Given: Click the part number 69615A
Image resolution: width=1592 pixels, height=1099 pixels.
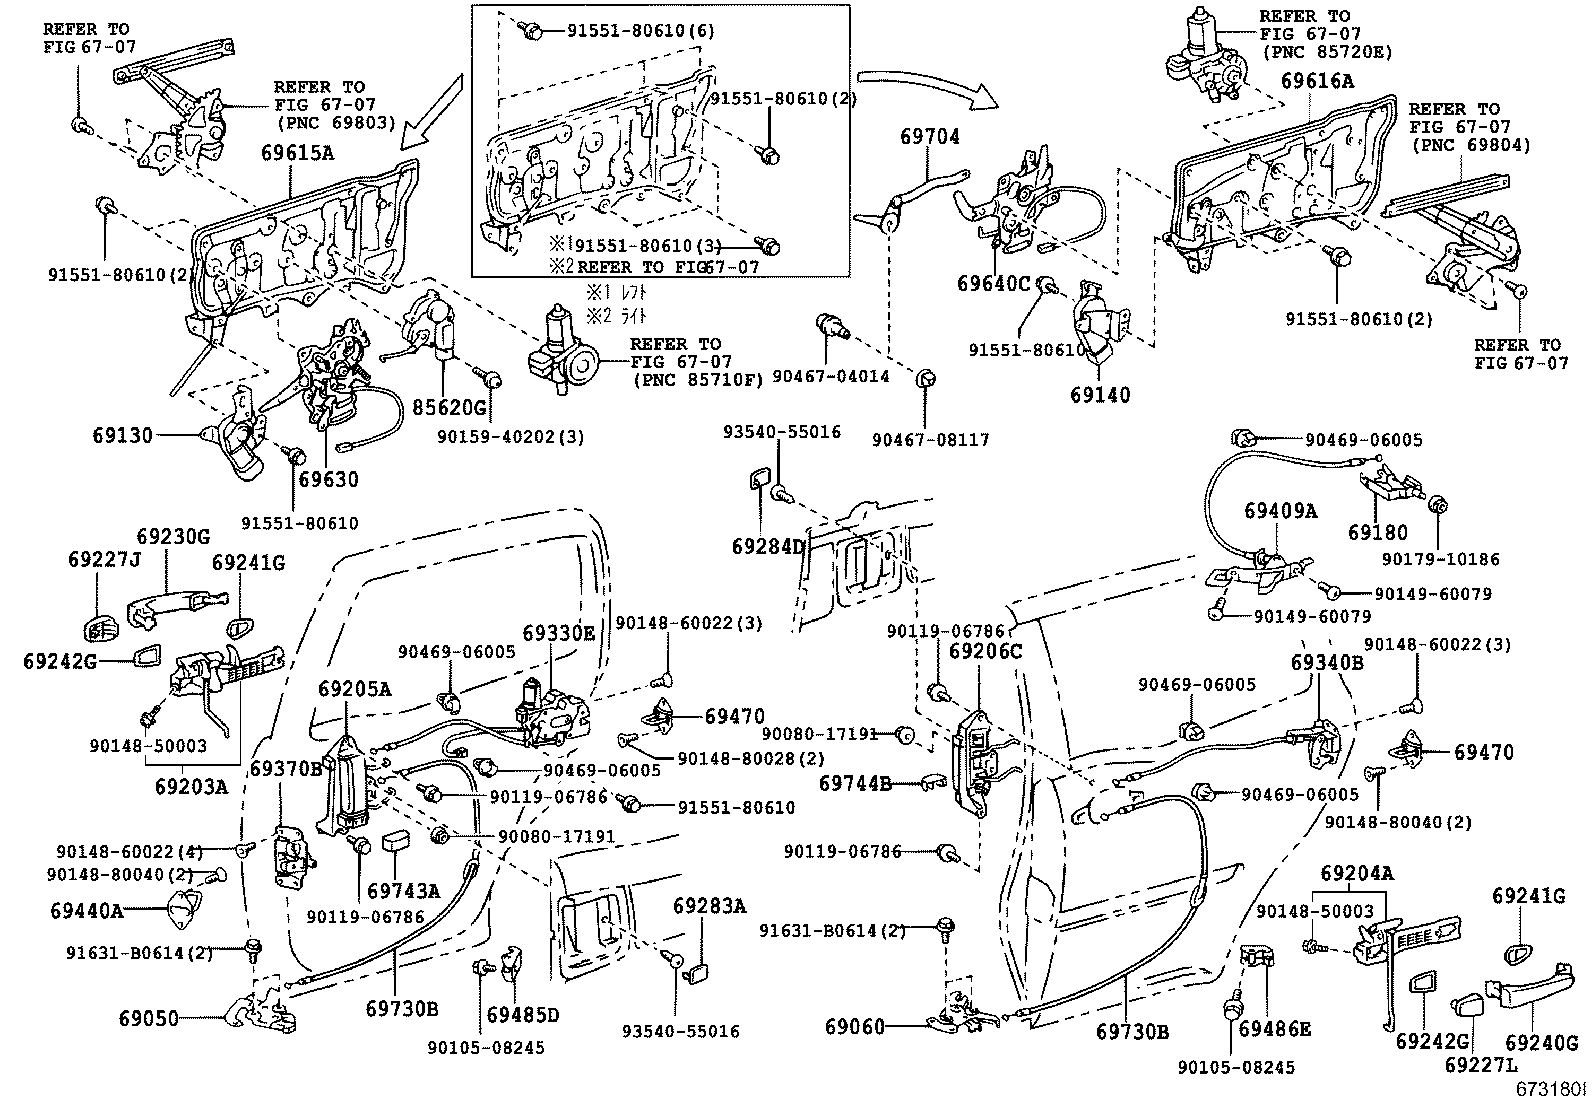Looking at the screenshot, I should coord(298,153).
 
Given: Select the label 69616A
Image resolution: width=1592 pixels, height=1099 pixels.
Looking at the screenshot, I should coord(1317,82).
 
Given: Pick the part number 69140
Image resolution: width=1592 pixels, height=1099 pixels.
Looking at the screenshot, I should coord(1100,395).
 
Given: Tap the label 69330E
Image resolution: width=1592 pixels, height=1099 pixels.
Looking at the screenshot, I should coord(558,632).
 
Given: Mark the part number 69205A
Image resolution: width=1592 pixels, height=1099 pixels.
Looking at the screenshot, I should coord(355,689).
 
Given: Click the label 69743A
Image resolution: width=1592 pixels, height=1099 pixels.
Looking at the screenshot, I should coord(403,891).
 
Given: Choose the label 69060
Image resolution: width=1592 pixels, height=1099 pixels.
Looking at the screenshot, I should coord(855,1026).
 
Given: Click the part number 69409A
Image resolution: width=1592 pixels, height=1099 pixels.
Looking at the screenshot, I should coord(1281,510).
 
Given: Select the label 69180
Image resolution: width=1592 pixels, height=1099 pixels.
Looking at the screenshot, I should coord(1377,533).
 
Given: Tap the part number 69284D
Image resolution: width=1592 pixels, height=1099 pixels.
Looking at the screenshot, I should coord(768,546).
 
